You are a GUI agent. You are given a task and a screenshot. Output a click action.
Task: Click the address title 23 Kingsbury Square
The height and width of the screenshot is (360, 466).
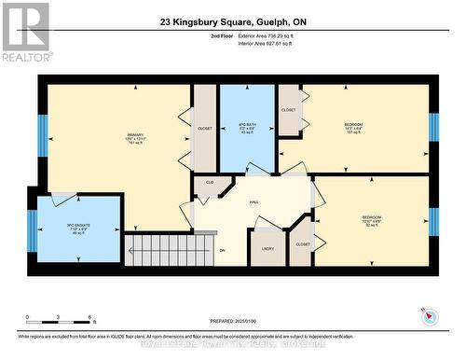click(x=232, y=20)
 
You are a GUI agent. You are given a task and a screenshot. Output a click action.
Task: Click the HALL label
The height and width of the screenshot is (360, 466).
click(x=253, y=201)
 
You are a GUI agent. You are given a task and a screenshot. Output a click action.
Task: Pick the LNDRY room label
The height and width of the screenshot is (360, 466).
click(x=267, y=249)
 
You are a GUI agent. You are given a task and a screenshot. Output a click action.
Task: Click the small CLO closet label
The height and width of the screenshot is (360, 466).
click(x=210, y=182)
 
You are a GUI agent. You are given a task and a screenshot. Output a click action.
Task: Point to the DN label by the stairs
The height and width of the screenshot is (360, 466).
click(x=222, y=251)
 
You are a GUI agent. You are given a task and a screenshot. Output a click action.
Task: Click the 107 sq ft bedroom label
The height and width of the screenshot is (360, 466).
click(x=353, y=129)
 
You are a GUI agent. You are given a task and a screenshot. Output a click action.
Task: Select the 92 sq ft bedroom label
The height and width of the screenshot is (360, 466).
click(x=371, y=221)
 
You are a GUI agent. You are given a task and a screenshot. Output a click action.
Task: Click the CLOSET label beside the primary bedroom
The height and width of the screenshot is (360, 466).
click(x=205, y=129)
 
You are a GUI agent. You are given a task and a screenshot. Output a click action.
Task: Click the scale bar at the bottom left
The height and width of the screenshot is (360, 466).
click(x=58, y=324)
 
